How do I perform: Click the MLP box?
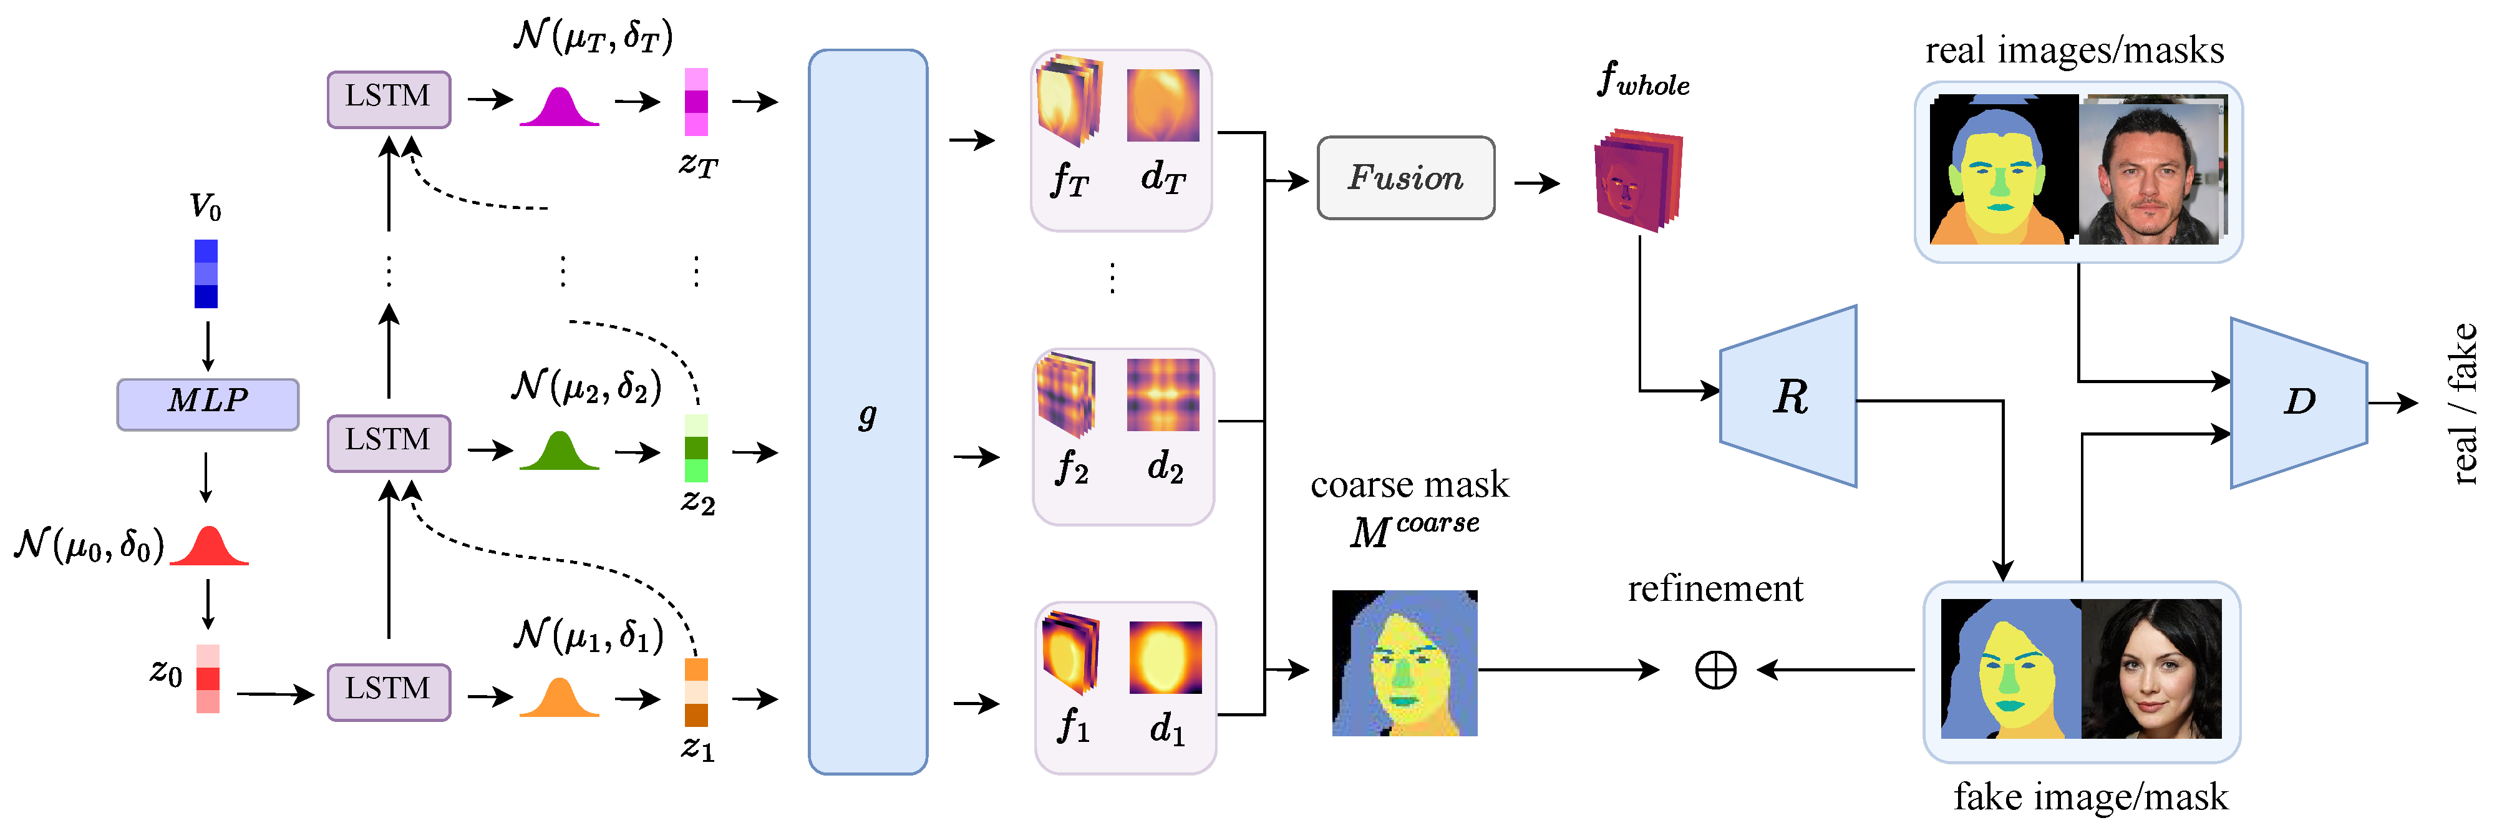(x=207, y=404)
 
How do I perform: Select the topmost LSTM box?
(x=389, y=99)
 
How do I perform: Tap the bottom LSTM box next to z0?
(x=389, y=692)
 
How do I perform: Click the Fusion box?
(x=1405, y=178)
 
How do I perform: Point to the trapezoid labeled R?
(x=1789, y=396)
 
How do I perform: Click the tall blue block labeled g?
(x=867, y=412)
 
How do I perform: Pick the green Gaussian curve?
(x=559, y=452)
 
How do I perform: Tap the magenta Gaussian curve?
(x=559, y=108)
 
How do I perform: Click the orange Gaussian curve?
(x=559, y=700)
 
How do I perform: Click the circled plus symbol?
(x=1715, y=670)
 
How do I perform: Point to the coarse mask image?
(x=1404, y=663)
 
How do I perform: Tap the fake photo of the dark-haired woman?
(x=2152, y=669)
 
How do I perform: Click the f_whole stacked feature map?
(x=1638, y=180)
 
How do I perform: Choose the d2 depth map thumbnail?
(x=1163, y=395)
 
